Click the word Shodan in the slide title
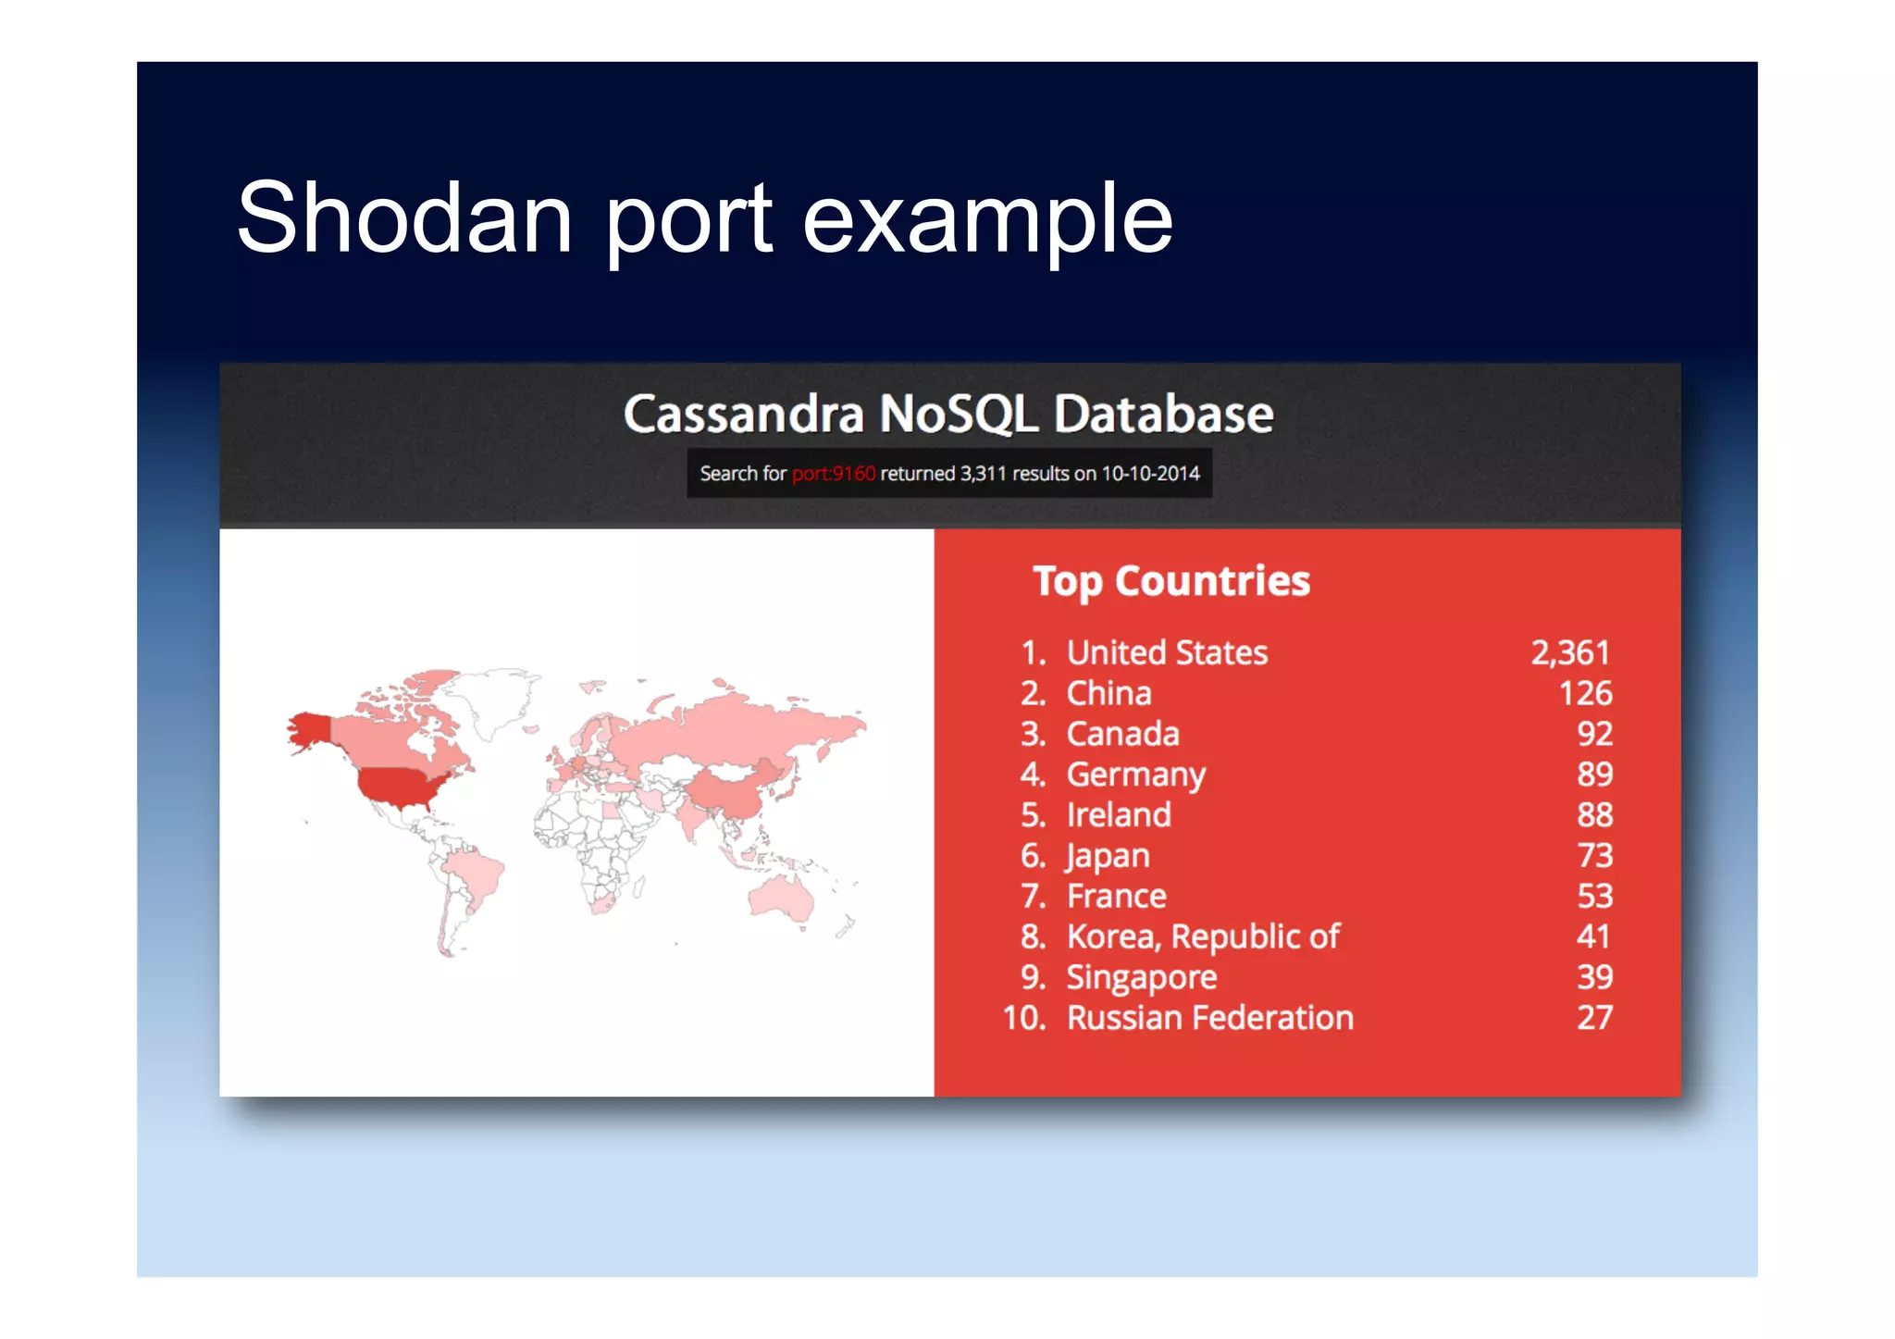tap(404, 218)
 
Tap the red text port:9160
tap(833, 474)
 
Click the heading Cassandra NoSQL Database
tap(948, 414)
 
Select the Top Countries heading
tap(1171, 581)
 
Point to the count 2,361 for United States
tap(1570, 653)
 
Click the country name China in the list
tap(1109, 694)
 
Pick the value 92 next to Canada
tap(1594, 734)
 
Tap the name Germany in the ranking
tap(1136, 775)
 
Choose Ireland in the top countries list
tap(1119, 815)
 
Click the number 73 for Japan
tap(1594, 856)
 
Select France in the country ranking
tap(1116, 897)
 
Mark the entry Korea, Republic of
tap(1203, 937)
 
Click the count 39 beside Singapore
tap(1594, 977)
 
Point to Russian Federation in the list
tap(1209, 1018)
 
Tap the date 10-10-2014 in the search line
tap(1150, 474)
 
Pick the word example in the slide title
tap(987, 218)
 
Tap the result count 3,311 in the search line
tap(983, 474)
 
